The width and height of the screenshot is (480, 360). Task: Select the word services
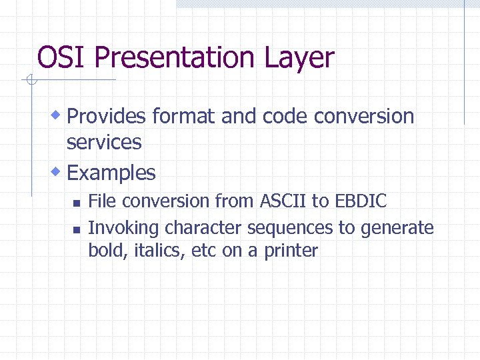(104, 142)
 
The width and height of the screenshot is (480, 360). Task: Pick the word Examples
(111, 173)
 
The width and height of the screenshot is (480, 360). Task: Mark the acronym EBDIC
(361, 201)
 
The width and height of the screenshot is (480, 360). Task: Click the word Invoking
(124, 229)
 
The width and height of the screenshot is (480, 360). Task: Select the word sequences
(290, 229)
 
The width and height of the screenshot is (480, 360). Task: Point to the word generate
(397, 229)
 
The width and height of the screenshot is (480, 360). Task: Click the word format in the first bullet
(183, 117)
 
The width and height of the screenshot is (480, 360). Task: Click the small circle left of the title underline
(29, 81)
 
